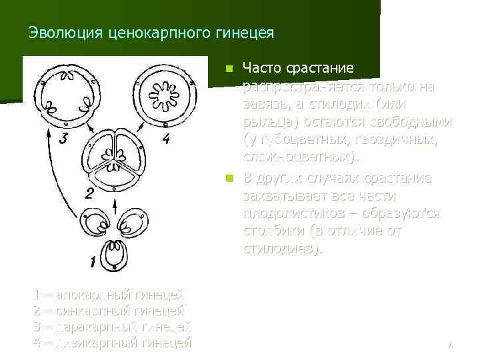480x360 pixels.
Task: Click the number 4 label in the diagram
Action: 166,139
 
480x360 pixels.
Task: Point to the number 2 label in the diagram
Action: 89,193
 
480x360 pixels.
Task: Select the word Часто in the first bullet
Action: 263,68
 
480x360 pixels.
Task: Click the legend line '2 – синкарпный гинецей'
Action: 108,311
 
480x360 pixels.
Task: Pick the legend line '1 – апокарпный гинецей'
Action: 108,295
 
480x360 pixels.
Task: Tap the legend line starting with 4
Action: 111,343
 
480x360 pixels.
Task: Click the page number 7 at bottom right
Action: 449,345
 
